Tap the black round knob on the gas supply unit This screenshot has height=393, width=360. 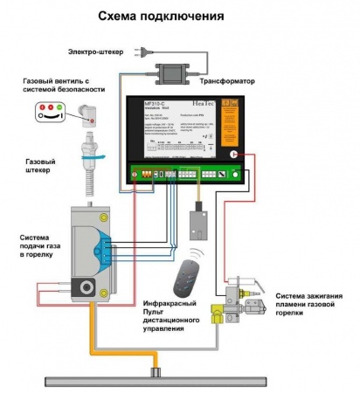(x=87, y=287)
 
